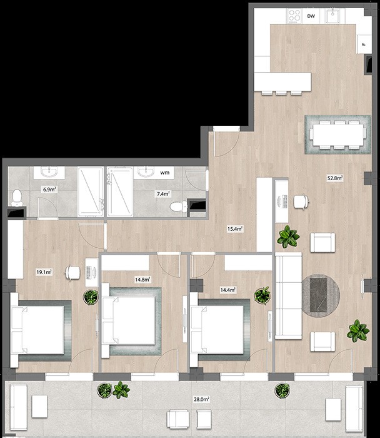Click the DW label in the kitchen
point(311,18)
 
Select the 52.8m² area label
point(335,178)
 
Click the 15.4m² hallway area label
point(235,229)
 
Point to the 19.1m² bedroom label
point(44,272)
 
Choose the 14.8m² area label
point(142,279)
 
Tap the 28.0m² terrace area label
point(201,399)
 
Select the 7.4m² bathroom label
point(162,194)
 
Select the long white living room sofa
point(289,297)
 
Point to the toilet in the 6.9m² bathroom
point(17,197)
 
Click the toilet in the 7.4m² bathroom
point(177,206)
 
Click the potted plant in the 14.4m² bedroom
point(262,295)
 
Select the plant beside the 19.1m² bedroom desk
point(91,297)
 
